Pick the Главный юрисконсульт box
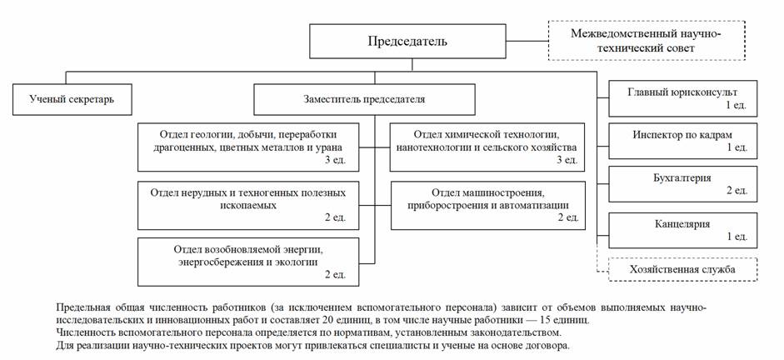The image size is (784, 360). [683, 97]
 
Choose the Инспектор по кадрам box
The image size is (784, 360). [683, 139]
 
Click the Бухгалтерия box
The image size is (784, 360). [683, 183]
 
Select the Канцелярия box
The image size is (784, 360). [683, 229]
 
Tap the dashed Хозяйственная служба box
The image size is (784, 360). [682, 270]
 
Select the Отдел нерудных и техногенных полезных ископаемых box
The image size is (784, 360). [248, 204]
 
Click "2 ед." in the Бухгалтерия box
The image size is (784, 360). [735, 191]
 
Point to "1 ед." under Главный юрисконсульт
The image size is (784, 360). [735, 105]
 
